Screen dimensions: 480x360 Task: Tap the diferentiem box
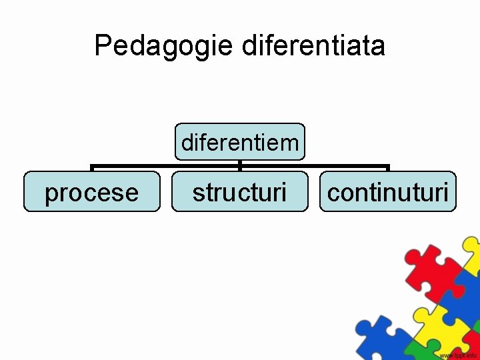(x=240, y=142)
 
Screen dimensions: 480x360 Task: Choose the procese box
(x=92, y=192)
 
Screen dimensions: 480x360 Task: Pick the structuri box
(x=240, y=192)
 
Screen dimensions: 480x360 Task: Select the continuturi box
(x=388, y=192)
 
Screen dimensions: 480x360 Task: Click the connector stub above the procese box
(x=92, y=168)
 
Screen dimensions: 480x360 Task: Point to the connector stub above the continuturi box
(x=388, y=168)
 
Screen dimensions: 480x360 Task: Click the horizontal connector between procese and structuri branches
(x=167, y=165)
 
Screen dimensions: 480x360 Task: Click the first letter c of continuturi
(x=333, y=193)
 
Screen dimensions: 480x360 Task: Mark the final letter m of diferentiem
(x=289, y=143)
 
